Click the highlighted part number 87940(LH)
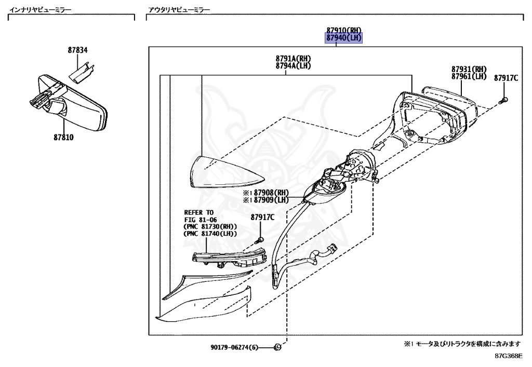343,38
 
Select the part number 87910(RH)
343,30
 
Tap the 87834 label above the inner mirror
77,50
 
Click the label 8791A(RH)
293,59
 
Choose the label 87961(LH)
469,76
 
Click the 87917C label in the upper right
506,78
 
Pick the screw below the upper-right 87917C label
503,99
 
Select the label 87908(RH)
271,193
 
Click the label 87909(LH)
271,200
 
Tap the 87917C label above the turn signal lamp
262,217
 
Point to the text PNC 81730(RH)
210,227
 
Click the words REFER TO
199,212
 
